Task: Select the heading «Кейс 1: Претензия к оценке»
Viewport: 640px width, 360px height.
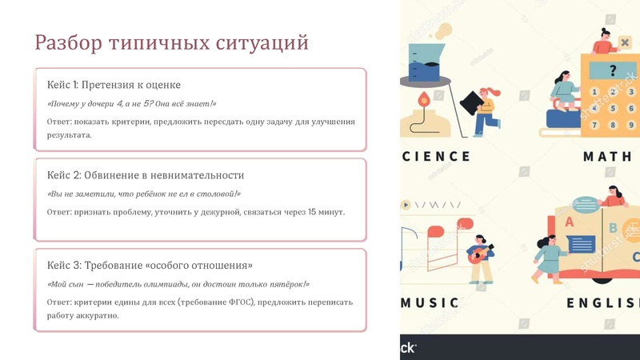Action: [114, 86]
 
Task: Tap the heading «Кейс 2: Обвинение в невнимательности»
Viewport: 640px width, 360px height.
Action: [145, 175]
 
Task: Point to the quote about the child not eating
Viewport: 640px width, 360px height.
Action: [144, 194]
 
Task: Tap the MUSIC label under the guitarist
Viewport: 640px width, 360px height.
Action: [430, 303]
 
